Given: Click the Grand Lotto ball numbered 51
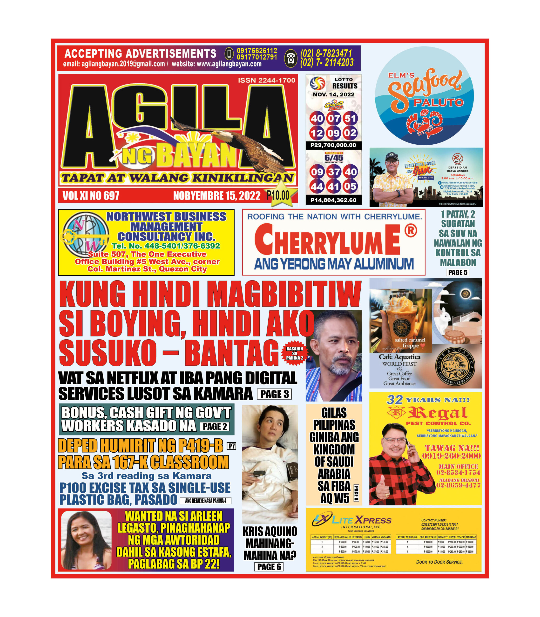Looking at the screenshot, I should click(350, 118).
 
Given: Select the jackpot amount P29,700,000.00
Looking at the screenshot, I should click(333, 145).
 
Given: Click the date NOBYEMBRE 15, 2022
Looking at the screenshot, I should click(217, 196).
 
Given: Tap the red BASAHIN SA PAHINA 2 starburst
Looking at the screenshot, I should click(294, 353).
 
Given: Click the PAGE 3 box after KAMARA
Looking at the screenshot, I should click(274, 394).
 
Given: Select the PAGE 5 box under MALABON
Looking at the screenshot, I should click(458, 272).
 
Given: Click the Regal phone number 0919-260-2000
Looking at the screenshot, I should click(451, 456).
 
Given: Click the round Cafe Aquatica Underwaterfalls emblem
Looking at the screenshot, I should click(455, 367).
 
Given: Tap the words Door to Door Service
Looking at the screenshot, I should click(439, 562).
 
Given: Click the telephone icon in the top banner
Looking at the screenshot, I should click(290, 58).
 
